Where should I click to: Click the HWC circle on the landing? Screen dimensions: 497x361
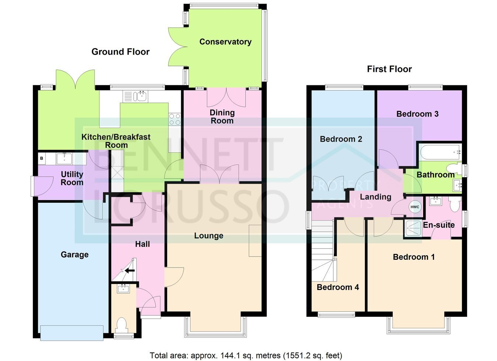[x=415, y=207]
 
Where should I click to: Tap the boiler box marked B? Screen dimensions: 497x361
[x=42, y=158]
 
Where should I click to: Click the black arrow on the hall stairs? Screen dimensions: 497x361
[x=130, y=270]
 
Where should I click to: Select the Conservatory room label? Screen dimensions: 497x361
[x=225, y=42]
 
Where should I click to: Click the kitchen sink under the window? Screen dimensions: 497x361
[x=135, y=96]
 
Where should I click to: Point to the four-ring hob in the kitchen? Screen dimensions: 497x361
[x=175, y=119]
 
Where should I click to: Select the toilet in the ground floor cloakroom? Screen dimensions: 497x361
[x=121, y=325]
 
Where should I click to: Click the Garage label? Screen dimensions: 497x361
[x=74, y=255]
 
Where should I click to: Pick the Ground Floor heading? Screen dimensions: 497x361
[x=120, y=52]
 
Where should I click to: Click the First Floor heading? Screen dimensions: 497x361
[x=390, y=69]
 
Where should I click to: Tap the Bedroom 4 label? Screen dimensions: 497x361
[x=338, y=287]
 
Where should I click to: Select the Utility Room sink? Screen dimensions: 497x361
[x=64, y=158]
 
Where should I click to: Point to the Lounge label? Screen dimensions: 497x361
[x=209, y=236]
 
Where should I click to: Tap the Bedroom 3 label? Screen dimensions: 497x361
[x=417, y=114]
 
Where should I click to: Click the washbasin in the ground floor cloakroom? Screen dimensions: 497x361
[x=124, y=289]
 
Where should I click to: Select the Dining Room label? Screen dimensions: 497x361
[x=222, y=117]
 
